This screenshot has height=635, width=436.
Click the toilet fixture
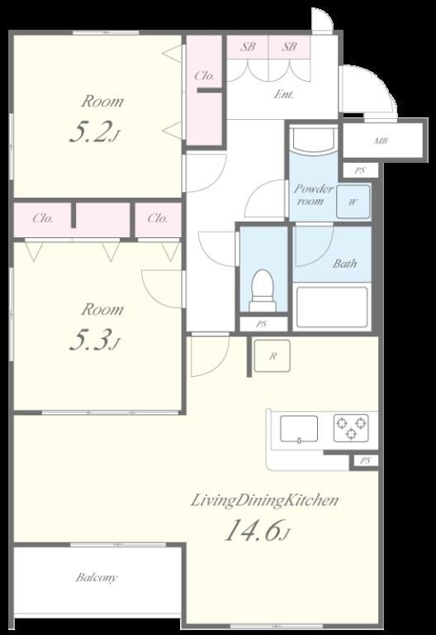[263, 291]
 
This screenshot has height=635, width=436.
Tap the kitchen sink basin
[299, 429]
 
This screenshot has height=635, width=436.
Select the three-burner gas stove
[351, 428]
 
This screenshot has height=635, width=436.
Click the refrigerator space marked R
[272, 356]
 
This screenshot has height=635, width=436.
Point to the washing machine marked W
[353, 202]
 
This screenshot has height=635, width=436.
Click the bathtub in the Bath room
[332, 307]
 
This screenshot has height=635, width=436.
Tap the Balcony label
[97, 577]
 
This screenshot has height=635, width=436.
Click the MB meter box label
[381, 141]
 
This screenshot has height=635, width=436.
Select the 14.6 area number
[253, 531]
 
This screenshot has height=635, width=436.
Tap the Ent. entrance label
[283, 95]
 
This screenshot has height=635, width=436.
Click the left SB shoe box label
[248, 46]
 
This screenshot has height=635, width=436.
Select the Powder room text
[314, 194]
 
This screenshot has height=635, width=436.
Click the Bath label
[345, 264]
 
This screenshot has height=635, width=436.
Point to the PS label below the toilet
[262, 324]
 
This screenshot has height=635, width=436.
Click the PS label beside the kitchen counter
[365, 461]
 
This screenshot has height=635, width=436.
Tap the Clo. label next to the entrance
[204, 76]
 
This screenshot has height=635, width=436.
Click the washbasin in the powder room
[314, 140]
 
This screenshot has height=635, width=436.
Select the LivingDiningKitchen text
[264, 500]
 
